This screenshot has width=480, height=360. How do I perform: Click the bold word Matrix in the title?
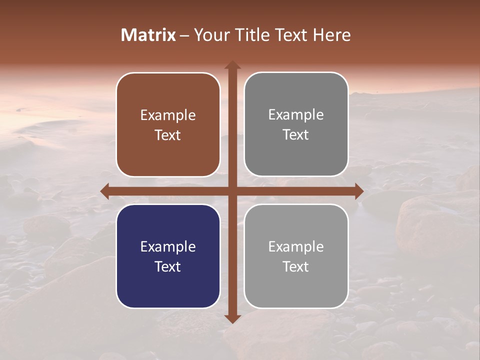click(148, 35)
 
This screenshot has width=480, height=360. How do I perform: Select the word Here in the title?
click(331, 35)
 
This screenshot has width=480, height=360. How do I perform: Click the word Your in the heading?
click(210, 35)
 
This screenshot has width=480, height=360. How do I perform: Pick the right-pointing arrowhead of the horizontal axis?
click(358, 191)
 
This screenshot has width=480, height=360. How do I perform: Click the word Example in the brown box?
click(168, 115)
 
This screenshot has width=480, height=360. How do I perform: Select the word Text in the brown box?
click(168, 135)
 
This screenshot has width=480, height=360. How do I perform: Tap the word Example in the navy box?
click(168, 246)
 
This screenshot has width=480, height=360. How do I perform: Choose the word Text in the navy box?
click(168, 266)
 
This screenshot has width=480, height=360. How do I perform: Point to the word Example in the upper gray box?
click(296, 115)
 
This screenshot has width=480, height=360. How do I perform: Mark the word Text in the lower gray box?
click(296, 266)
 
